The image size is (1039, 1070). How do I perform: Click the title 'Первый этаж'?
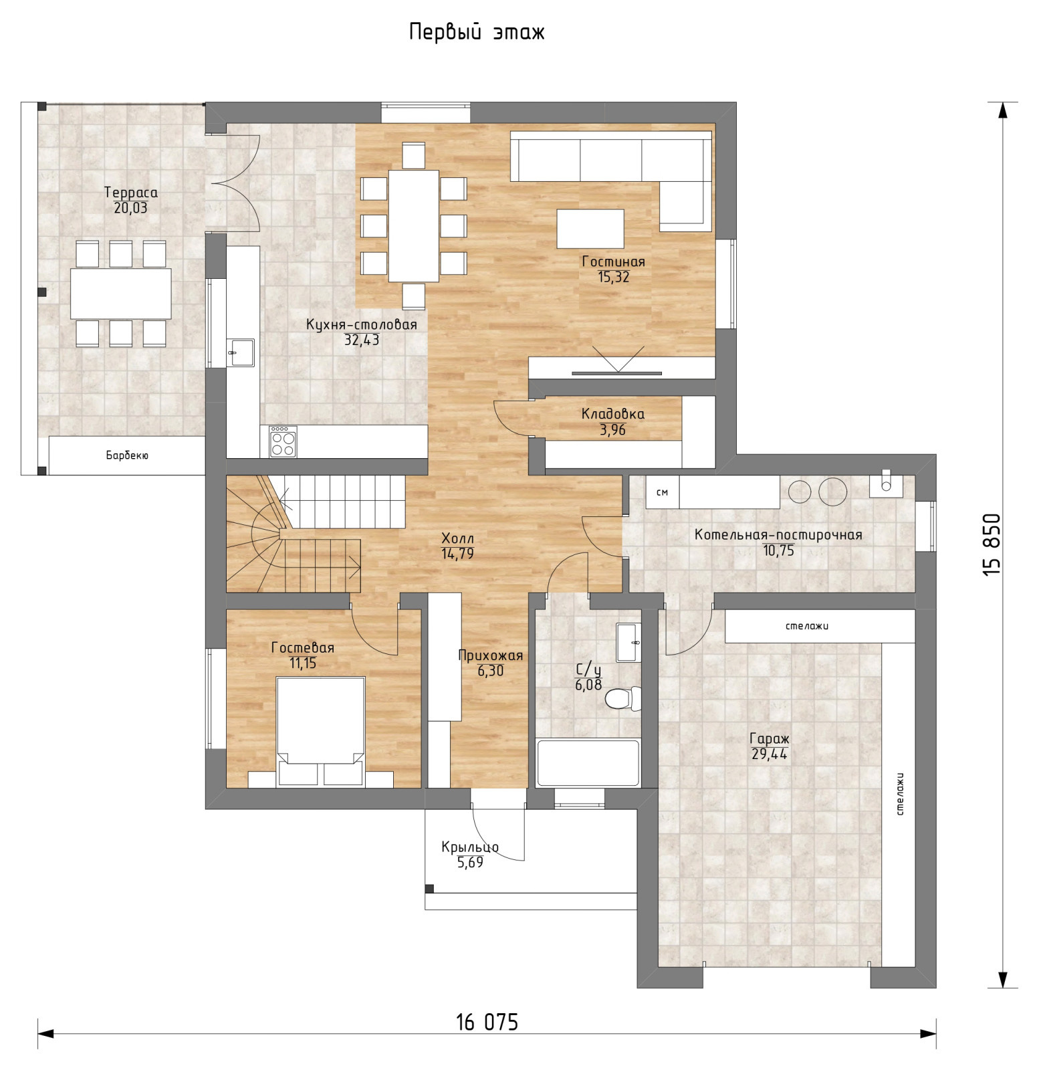coord(477,32)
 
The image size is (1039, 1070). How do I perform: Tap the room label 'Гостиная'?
coord(613,261)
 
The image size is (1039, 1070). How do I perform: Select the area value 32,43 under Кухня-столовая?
coord(362,340)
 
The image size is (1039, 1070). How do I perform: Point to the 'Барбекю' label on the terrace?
coord(127,455)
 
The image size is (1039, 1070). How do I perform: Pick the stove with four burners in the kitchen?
coord(283,442)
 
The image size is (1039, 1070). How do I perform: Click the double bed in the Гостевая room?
coord(321,732)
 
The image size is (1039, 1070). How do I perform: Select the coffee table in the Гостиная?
coord(590,229)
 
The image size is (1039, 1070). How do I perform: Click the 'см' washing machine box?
coord(663,492)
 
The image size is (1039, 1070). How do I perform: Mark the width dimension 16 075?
coord(487,1023)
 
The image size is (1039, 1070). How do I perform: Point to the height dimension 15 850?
coord(992,544)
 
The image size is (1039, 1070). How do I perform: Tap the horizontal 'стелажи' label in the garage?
coord(807,627)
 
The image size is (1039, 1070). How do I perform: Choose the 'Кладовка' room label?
coord(613,414)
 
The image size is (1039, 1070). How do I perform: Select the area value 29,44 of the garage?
coord(770,755)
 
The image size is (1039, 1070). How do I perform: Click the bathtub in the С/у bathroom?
coord(588,762)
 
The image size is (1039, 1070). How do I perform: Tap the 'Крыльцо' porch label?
coord(470,847)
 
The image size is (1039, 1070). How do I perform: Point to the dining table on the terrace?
coord(121,294)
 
